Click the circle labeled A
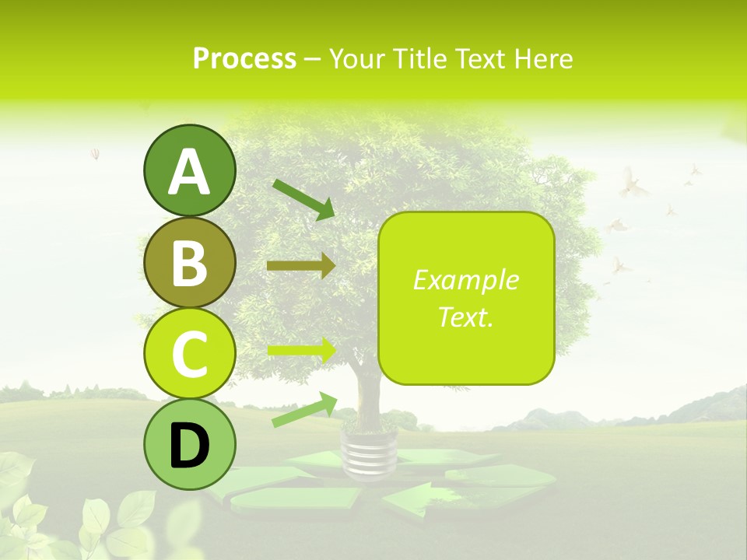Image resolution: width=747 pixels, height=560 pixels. (x=189, y=170)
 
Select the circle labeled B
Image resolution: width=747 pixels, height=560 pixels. (x=189, y=263)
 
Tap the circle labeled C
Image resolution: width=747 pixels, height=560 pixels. (x=189, y=354)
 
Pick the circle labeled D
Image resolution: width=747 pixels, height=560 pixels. (x=189, y=445)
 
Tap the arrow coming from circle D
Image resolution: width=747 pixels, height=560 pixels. (x=304, y=410)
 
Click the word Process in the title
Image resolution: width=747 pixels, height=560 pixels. (x=244, y=59)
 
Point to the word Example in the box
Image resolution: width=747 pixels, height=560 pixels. (x=465, y=280)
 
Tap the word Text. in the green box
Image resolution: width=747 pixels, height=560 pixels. (x=465, y=317)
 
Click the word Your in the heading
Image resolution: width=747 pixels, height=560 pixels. (x=355, y=59)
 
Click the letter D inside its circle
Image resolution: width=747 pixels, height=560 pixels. (x=189, y=446)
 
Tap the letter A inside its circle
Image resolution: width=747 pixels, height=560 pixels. (x=189, y=172)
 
